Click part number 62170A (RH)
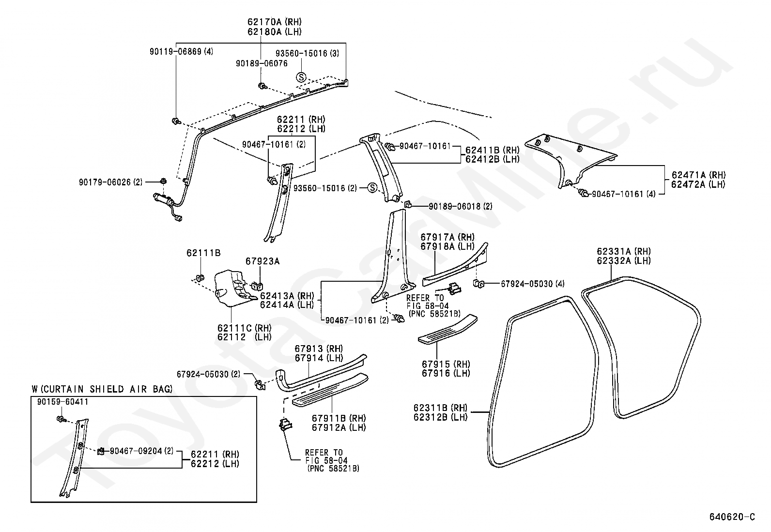(x=274, y=22)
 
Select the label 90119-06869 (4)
(x=182, y=52)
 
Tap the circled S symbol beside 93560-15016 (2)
(x=372, y=188)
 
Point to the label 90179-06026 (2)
(x=110, y=182)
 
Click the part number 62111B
(x=203, y=253)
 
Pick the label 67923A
(x=262, y=261)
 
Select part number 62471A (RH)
(x=698, y=175)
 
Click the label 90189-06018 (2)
(x=460, y=207)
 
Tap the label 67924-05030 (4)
(x=533, y=284)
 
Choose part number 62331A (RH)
(x=624, y=252)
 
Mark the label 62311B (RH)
(x=441, y=408)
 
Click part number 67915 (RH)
(x=446, y=365)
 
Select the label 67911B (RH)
(x=339, y=418)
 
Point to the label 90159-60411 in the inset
(x=62, y=402)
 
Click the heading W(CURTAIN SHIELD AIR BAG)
(x=102, y=389)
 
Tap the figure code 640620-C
(x=732, y=517)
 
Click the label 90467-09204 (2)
(x=141, y=451)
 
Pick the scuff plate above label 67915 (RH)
(x=447, y=329)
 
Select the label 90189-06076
(x=262, y=64)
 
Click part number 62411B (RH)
(x=493, y=151)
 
